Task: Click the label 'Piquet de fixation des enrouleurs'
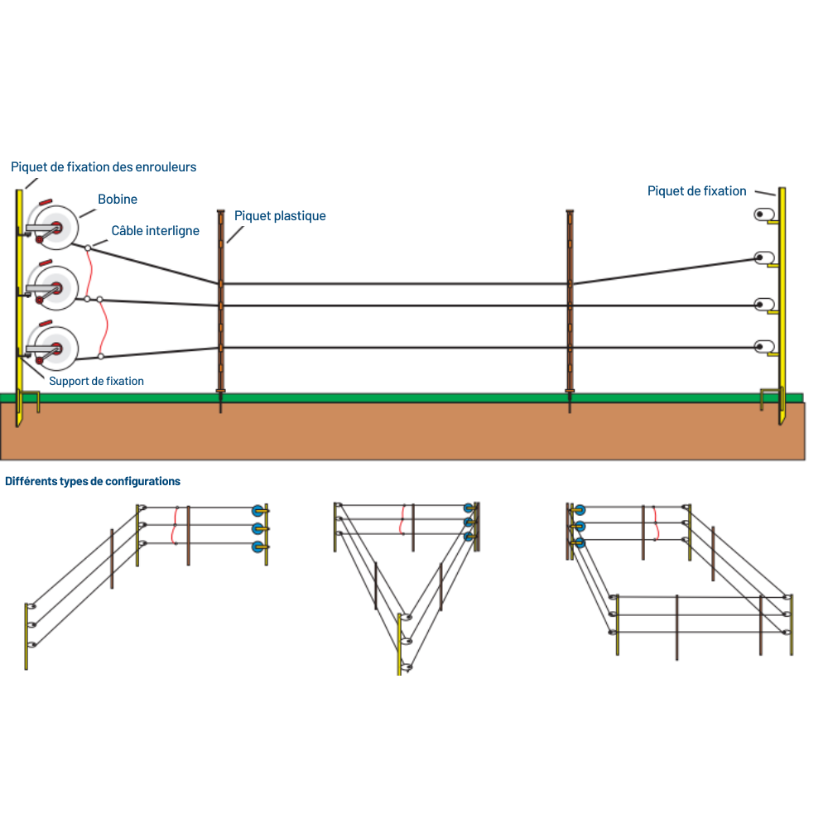[103, 166]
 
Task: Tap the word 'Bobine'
[118, 200]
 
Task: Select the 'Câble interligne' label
[156, 231]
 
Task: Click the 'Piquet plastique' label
[280, 216]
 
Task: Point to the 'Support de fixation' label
[96, 381]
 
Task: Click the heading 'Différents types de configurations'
[93, 481]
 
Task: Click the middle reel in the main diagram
[55, 287]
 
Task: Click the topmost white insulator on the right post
[762, 215]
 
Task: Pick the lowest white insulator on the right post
[762, 346]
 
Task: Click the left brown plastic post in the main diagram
[221, 306]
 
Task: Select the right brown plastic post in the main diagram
[570, 306]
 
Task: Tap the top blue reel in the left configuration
[258, 509]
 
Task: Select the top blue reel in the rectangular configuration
[580, 510]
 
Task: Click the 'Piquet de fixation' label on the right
[696, 191]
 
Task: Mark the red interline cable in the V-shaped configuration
[403, 520]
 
